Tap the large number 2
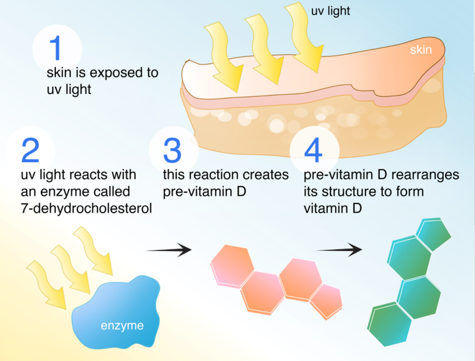coord(30,150)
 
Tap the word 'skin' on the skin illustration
coord(420,49)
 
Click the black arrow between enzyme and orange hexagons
coord(168,250)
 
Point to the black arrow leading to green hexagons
coord(339,250)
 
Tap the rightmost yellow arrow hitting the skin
coord(307,40)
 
